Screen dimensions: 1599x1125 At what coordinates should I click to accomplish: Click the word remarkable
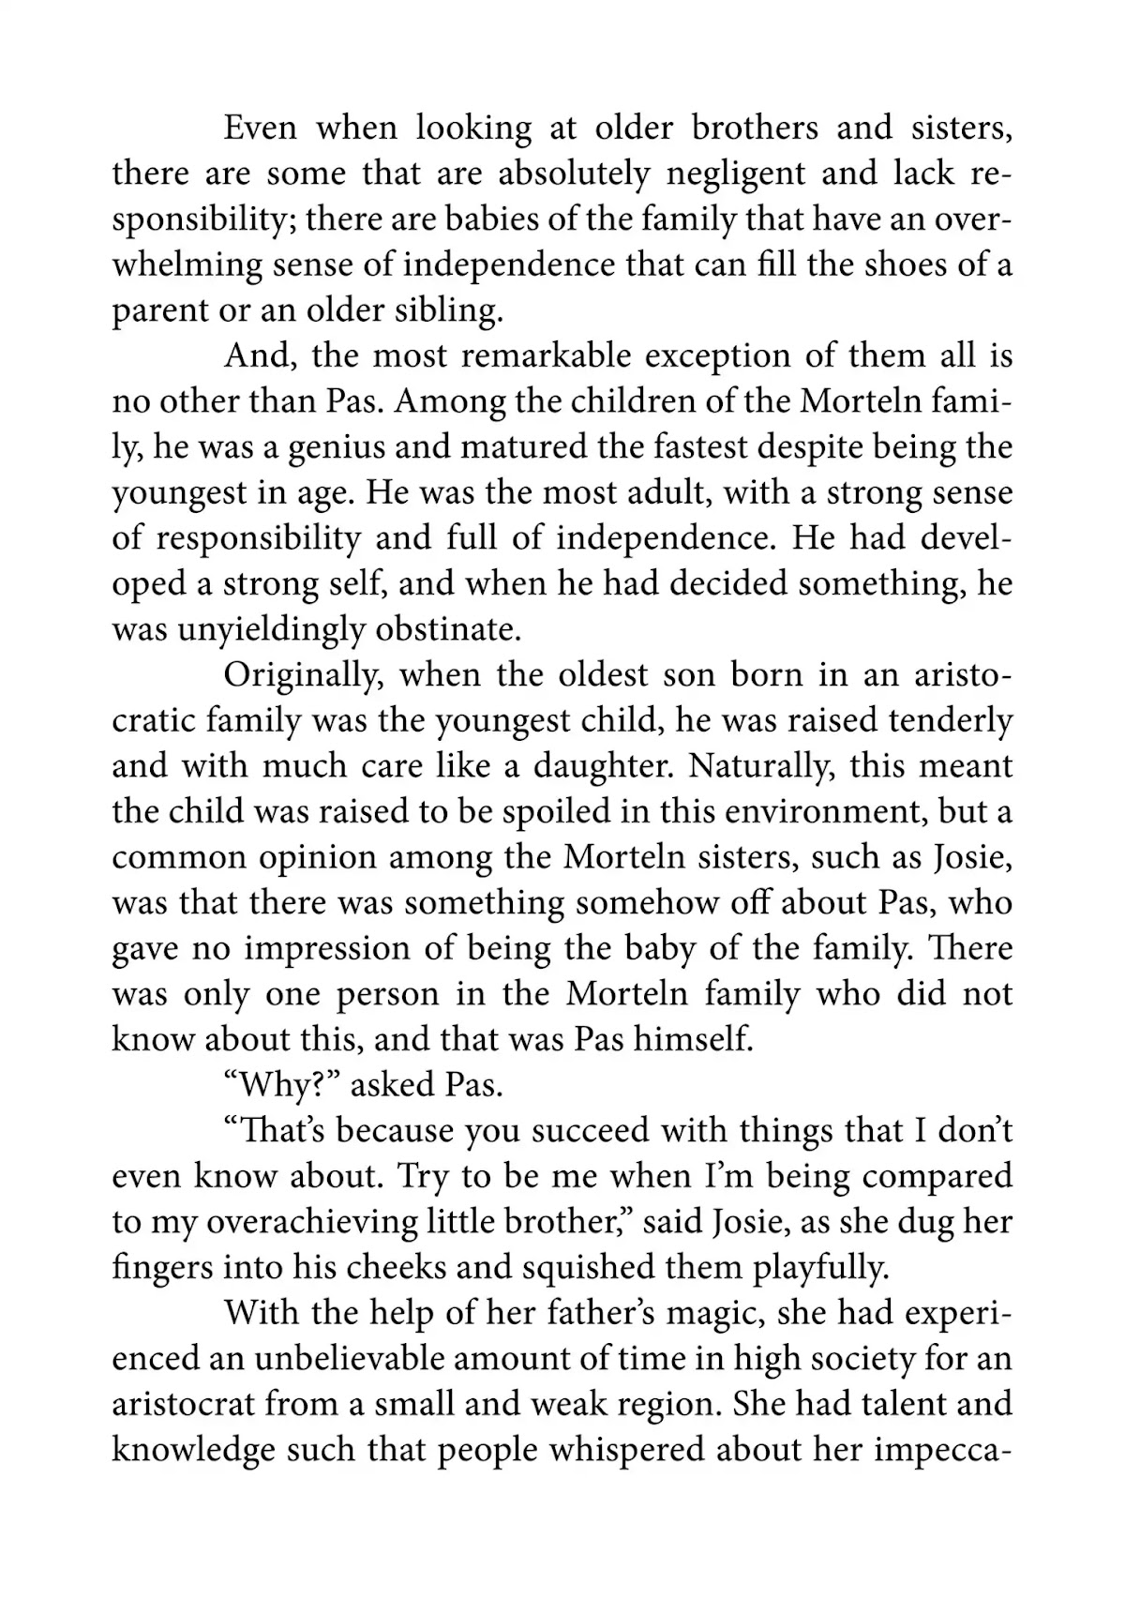click(x=547, y=356)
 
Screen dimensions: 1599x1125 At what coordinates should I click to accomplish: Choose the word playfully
click(x=819, y=1268)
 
